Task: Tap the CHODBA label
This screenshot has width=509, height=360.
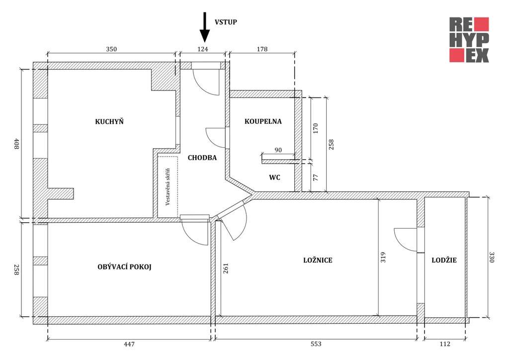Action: (202, 158)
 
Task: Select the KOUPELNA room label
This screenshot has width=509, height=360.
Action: (263, 121)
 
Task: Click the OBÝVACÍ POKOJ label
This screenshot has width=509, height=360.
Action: (124, 267)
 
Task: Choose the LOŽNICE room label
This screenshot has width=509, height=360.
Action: (318, 260)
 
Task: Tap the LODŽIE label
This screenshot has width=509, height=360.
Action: (444, 260)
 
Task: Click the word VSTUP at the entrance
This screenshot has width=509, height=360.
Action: (226, 22)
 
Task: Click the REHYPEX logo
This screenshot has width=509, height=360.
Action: (469, 40)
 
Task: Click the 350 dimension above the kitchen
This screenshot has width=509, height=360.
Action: (111, 49)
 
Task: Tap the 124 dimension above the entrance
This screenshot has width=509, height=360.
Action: (202, 49)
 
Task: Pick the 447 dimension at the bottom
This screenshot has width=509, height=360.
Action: (129, 344)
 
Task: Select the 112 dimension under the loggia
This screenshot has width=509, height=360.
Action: (444, 344)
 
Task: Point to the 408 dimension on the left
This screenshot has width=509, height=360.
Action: (16, 145)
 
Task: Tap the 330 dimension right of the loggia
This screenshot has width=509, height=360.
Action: (492, 257)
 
